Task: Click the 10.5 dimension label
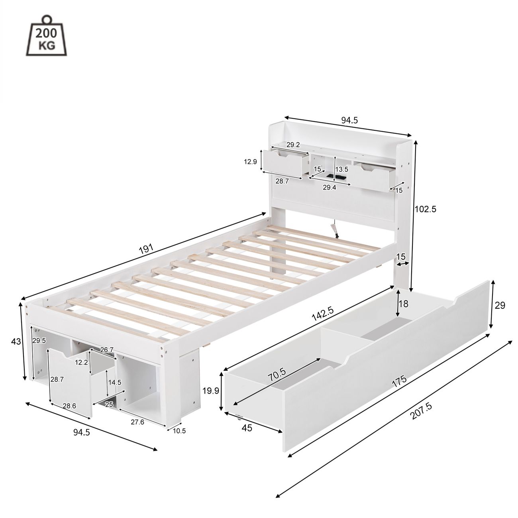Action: click(x=179, y=431)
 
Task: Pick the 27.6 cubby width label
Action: click(x=137, y=422)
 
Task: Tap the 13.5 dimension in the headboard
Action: click(x=341, y=169)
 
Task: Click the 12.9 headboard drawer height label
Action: click(x=251, y=161)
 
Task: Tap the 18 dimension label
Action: click(x=404, y=304)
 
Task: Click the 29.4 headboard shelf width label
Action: click(x=330, y=188)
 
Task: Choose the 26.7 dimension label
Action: click(x=107, y=350)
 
